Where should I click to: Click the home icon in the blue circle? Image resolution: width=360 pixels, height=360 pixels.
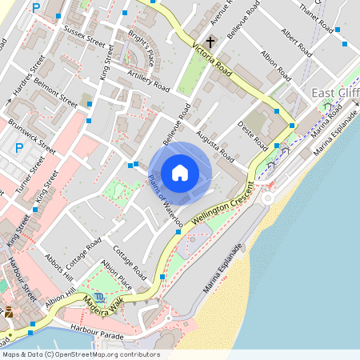pyautogui.click(x=180, y=172)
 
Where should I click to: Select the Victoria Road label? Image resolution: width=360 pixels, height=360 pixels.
pyautogui.click(x=213, y=61)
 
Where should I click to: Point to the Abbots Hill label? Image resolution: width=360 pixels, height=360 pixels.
pyautogui.click(x=58, y=270)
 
